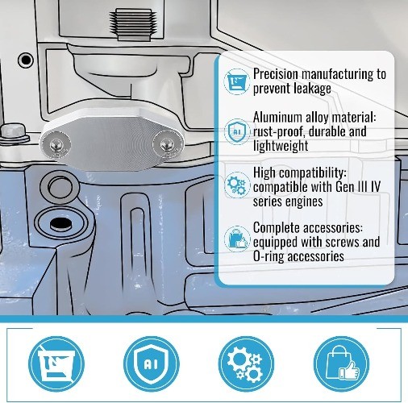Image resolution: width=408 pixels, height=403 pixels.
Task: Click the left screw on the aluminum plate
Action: tap(56, 145)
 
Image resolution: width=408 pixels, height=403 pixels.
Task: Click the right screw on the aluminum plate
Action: tap(167, 145)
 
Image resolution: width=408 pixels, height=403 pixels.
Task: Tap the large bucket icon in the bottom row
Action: tap(56, 364)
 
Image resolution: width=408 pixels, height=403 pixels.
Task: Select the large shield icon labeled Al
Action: tap(152, 364)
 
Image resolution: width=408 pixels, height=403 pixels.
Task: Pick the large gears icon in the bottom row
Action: tap(246, 364)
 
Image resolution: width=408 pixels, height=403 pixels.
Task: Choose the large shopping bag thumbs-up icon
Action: tap(341, 364)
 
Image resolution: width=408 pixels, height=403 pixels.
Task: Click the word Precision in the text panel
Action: tap(276, 74)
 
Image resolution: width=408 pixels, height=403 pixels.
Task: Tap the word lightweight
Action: tap(281, 146)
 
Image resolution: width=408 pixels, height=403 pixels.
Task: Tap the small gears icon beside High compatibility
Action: tap(236, 185)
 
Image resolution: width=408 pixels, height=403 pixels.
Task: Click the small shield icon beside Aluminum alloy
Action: tap(236, 131)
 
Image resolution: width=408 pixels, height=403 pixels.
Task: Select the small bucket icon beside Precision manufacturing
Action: tap(236, 81)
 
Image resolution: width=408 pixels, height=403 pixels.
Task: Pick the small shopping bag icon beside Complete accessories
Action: tap(236, 239)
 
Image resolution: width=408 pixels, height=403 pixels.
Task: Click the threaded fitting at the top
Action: tap(133, 25)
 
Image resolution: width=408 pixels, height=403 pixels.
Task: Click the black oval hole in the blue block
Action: tap(60, 223)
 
